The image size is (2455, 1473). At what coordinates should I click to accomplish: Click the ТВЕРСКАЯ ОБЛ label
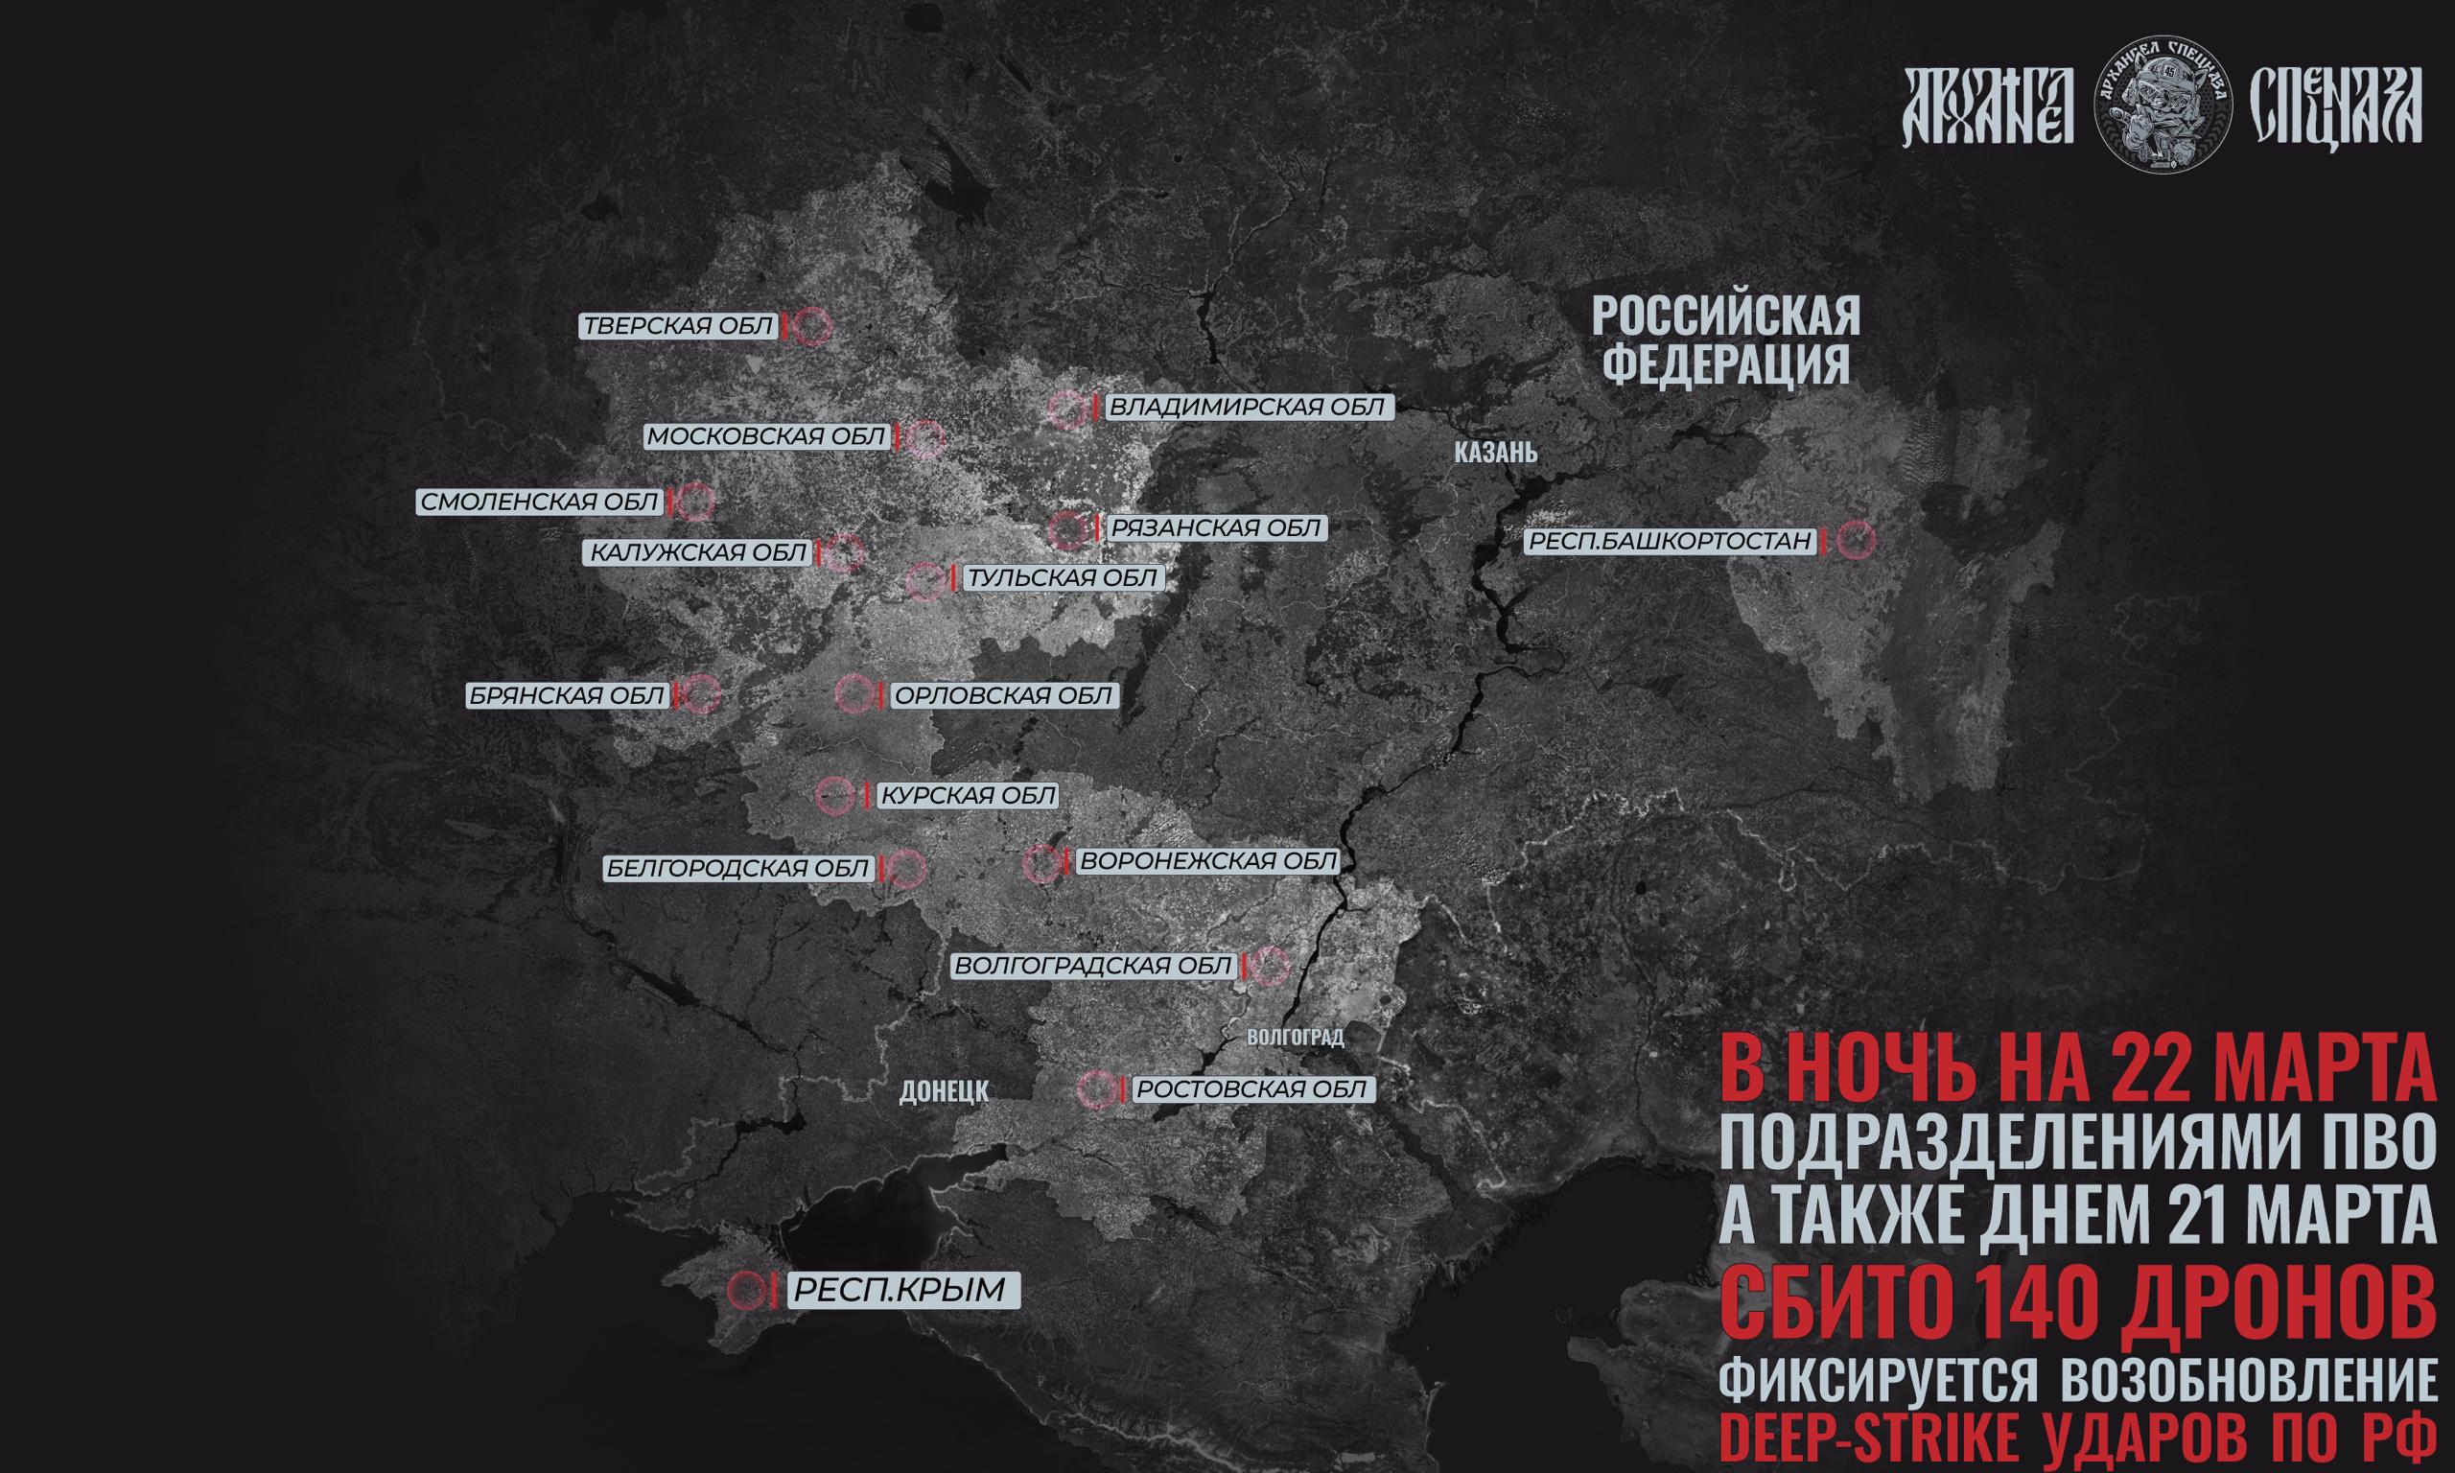pos(678,327)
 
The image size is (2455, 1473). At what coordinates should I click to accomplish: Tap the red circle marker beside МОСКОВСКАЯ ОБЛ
pos(925,437)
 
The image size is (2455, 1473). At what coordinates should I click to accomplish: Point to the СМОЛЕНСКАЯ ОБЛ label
pos(540,503)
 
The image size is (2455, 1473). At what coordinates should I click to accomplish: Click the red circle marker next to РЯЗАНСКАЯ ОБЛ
pos(1068,530)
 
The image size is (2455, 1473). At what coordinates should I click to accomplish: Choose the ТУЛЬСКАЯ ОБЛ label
pos(1062,577)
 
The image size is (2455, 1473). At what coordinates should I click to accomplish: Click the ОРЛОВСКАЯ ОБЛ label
pos(1003,696)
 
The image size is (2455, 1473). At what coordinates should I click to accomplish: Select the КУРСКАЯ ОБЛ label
pos(969,795)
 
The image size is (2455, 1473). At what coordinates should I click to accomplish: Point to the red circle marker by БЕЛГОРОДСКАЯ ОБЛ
pos(906,870)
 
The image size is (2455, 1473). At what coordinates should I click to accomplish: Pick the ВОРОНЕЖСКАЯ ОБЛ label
pos(1206,860)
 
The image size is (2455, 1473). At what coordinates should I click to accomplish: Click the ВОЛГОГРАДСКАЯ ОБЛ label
pos(1092,966)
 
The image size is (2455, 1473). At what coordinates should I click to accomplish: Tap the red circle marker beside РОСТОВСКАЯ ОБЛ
pos(1096,1089)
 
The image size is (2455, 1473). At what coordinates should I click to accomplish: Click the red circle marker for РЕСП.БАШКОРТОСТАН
pos(1855,541)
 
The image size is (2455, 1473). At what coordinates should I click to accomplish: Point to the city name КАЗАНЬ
pos(1495,454)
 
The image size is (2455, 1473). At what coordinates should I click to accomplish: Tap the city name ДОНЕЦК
pos(944,1092)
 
